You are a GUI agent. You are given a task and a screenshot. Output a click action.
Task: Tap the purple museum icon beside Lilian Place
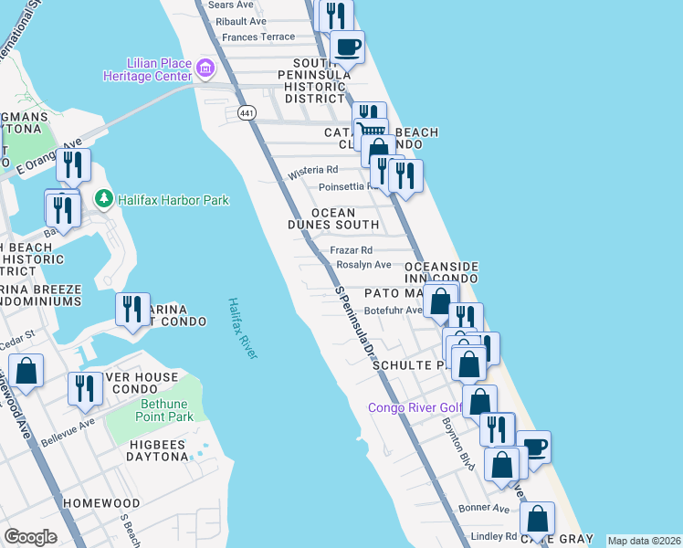(205, 68)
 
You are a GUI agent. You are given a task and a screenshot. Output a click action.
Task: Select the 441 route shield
(247, 113)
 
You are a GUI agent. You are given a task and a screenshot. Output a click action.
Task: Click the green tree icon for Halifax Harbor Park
(104, 199)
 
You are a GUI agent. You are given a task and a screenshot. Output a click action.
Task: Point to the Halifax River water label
(243, 328)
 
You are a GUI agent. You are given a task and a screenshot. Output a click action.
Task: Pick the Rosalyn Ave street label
(363, 264)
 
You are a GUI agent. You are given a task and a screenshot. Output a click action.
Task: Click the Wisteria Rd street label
(313, 171)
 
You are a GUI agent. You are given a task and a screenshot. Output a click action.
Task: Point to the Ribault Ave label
(242, 21)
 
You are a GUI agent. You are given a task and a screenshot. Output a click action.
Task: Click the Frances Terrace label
(258, 37)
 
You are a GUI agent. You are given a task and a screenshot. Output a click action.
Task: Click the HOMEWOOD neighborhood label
(100, 503)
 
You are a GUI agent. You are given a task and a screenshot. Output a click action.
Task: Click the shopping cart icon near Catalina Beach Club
(371, 132)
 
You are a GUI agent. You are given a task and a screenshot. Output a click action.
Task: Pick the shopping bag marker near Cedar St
(26, 371)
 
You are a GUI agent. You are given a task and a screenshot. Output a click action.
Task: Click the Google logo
(31, 537)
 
